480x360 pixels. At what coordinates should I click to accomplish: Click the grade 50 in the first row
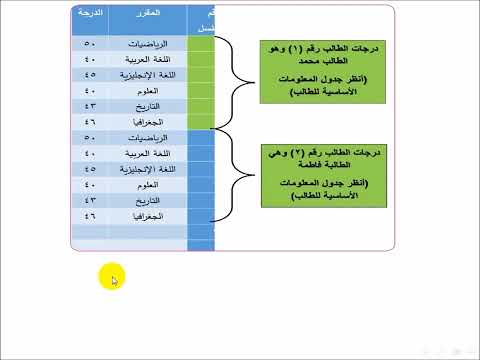click(90, 45)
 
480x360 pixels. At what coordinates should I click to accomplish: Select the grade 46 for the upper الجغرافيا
click(90, 120)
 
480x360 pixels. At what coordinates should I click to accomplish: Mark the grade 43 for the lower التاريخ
click(90, 200)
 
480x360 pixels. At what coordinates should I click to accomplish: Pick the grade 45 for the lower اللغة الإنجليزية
click(90, 169)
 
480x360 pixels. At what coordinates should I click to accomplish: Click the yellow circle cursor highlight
click(112, 278)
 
